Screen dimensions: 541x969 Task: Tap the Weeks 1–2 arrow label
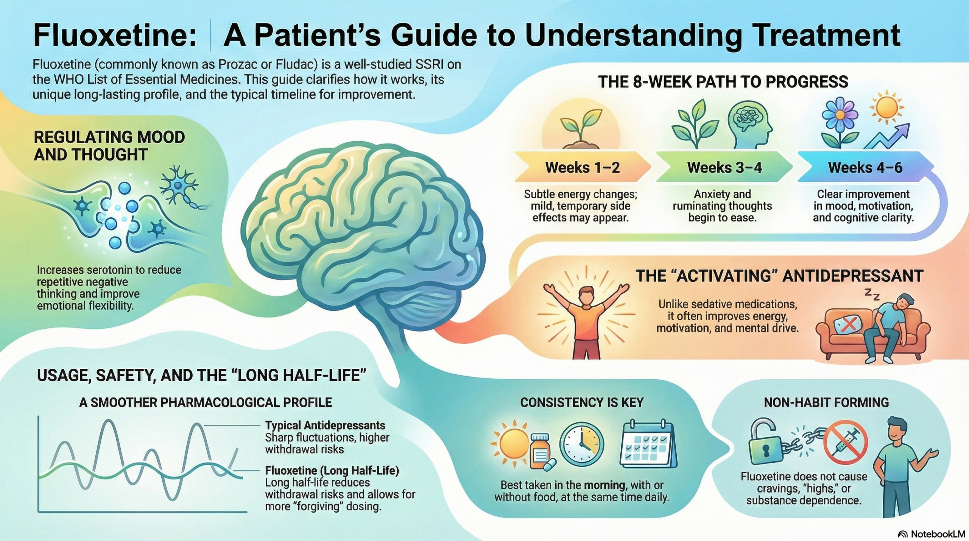582,167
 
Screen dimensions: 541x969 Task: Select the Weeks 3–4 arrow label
724,167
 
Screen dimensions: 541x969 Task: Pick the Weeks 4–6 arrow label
865,167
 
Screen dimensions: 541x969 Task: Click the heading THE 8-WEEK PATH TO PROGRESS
723,82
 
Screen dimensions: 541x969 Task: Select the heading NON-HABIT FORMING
826,402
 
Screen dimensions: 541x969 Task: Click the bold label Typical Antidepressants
325,425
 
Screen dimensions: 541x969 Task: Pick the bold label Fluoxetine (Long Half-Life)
332,471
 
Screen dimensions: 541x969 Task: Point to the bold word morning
606,485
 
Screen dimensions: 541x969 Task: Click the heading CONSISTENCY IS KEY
582,402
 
